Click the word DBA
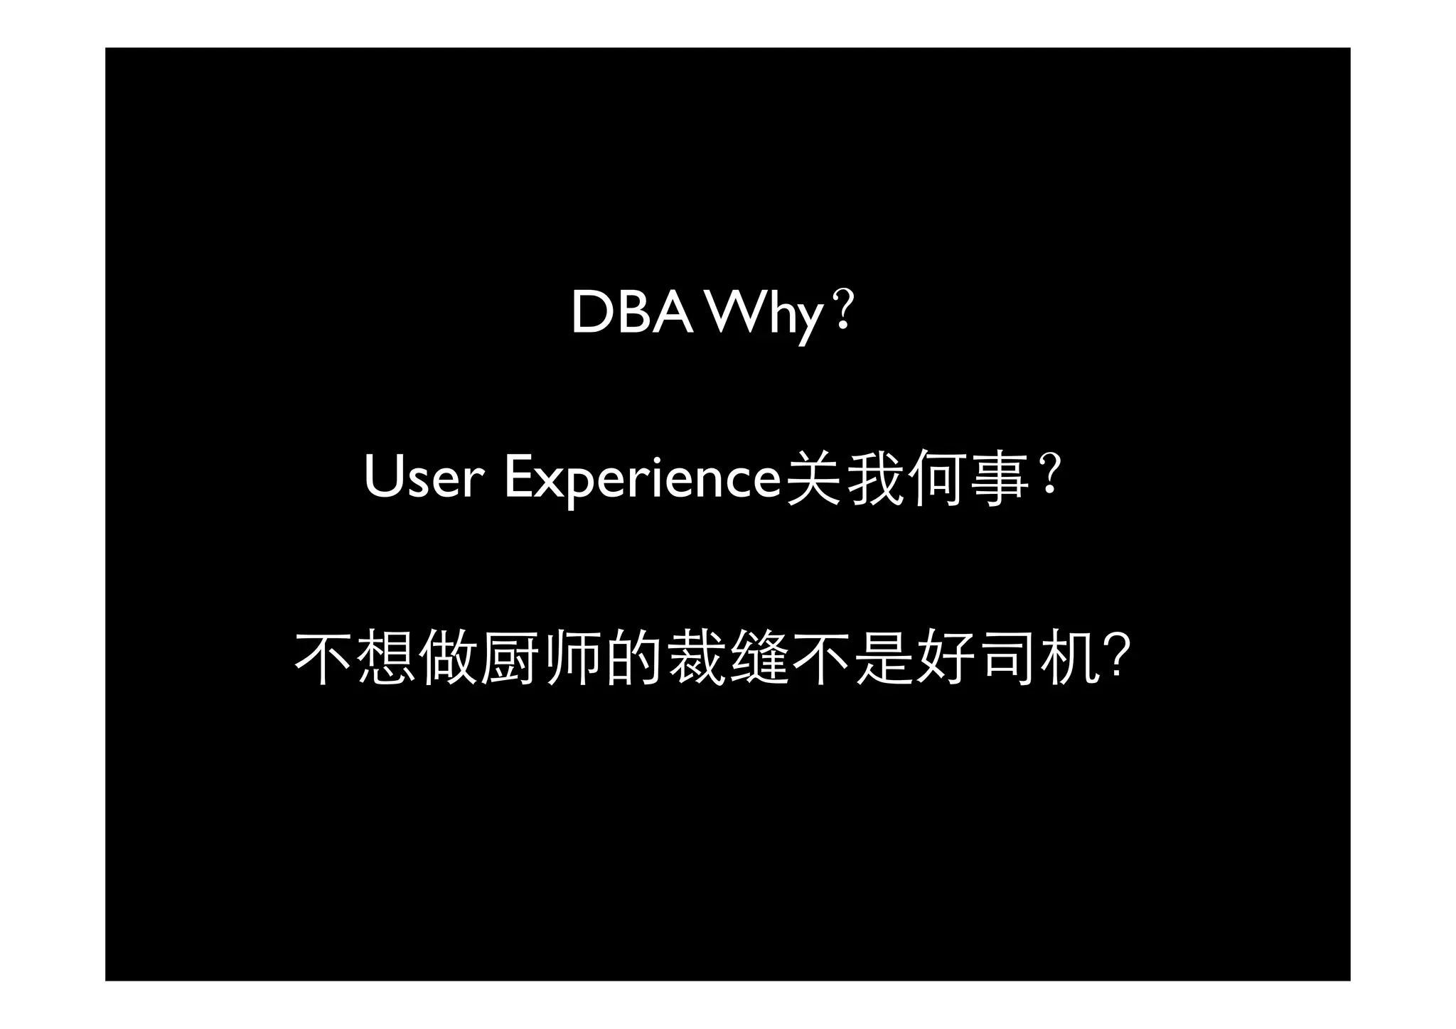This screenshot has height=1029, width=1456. coord(632,313)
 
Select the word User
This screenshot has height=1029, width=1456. coord(424,478)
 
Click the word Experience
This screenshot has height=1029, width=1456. coord(642,480)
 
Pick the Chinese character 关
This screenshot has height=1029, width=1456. coord(813,478)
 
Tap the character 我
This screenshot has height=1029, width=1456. coord(875,478)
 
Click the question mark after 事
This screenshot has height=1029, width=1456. coord(1051,475)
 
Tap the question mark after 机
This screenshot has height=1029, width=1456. coord(1117,657)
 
